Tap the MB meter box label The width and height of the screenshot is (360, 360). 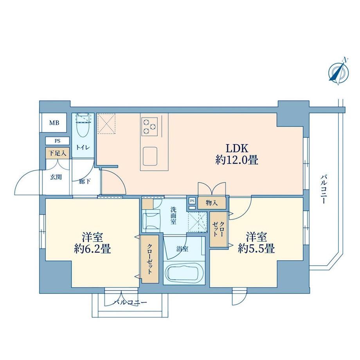click(x=54, y=123)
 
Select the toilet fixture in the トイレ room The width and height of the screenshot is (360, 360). click(x=83, y=127)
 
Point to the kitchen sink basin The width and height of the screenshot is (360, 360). click(x=150, y=156)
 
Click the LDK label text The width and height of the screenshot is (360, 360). click(x=237, y=148)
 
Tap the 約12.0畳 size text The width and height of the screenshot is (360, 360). click(x=237, y=160)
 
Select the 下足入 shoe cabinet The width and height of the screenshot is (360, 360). click(x=58, y=153)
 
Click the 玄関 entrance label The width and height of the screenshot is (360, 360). click(x=56, y=177)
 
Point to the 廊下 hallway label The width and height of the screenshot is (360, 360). click(x=85, y=182)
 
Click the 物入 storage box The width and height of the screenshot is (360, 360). click(x=212, y=203)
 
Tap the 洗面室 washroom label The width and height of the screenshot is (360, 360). click(x=173, y=216)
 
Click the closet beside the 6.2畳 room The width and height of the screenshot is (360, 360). click(x=150, y=259)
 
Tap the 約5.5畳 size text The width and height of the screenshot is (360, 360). click(x=256, y=248)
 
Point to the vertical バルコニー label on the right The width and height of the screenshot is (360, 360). click(x=324, y=189)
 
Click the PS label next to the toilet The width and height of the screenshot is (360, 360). click(x=58, y=141)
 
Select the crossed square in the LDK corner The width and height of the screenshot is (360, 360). click(x=106, y=123)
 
